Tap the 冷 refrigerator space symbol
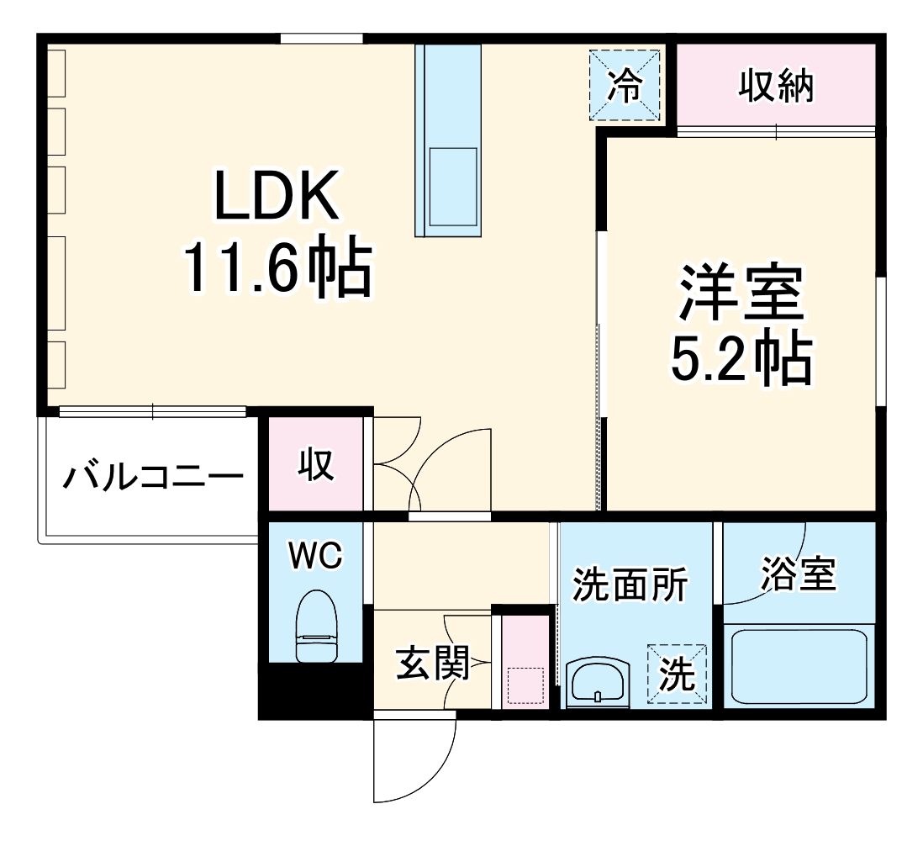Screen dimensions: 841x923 625,86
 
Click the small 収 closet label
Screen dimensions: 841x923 317,464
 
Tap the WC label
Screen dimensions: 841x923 315,556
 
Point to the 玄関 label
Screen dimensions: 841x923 432,664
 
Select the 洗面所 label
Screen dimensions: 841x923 630,584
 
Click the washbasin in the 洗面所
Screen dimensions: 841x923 597,680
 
